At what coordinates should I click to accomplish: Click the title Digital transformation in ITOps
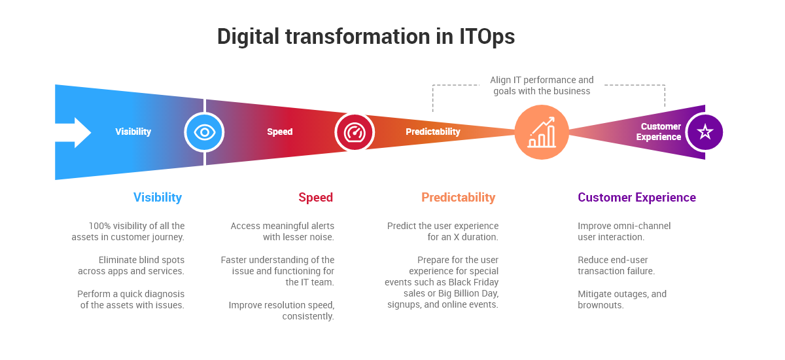366,37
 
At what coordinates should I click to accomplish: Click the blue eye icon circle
204,132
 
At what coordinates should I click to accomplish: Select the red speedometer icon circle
355,132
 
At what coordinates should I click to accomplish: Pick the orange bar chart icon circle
541,132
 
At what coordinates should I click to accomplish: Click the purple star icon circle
705,132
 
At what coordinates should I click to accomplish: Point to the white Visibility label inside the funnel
133,132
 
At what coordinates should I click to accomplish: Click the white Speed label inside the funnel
279,132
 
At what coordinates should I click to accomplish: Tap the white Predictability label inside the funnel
432,132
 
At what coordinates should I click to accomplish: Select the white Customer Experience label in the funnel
659,132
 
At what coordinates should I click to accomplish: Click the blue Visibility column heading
157,197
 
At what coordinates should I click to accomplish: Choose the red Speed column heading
315,197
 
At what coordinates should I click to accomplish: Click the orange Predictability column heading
458,197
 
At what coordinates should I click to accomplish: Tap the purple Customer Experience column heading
637,197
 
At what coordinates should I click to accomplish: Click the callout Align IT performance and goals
542,86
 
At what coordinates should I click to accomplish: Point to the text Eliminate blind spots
141,260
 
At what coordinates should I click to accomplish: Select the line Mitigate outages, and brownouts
622,299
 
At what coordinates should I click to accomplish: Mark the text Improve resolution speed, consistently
281,310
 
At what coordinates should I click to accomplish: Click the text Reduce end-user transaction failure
616,265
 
